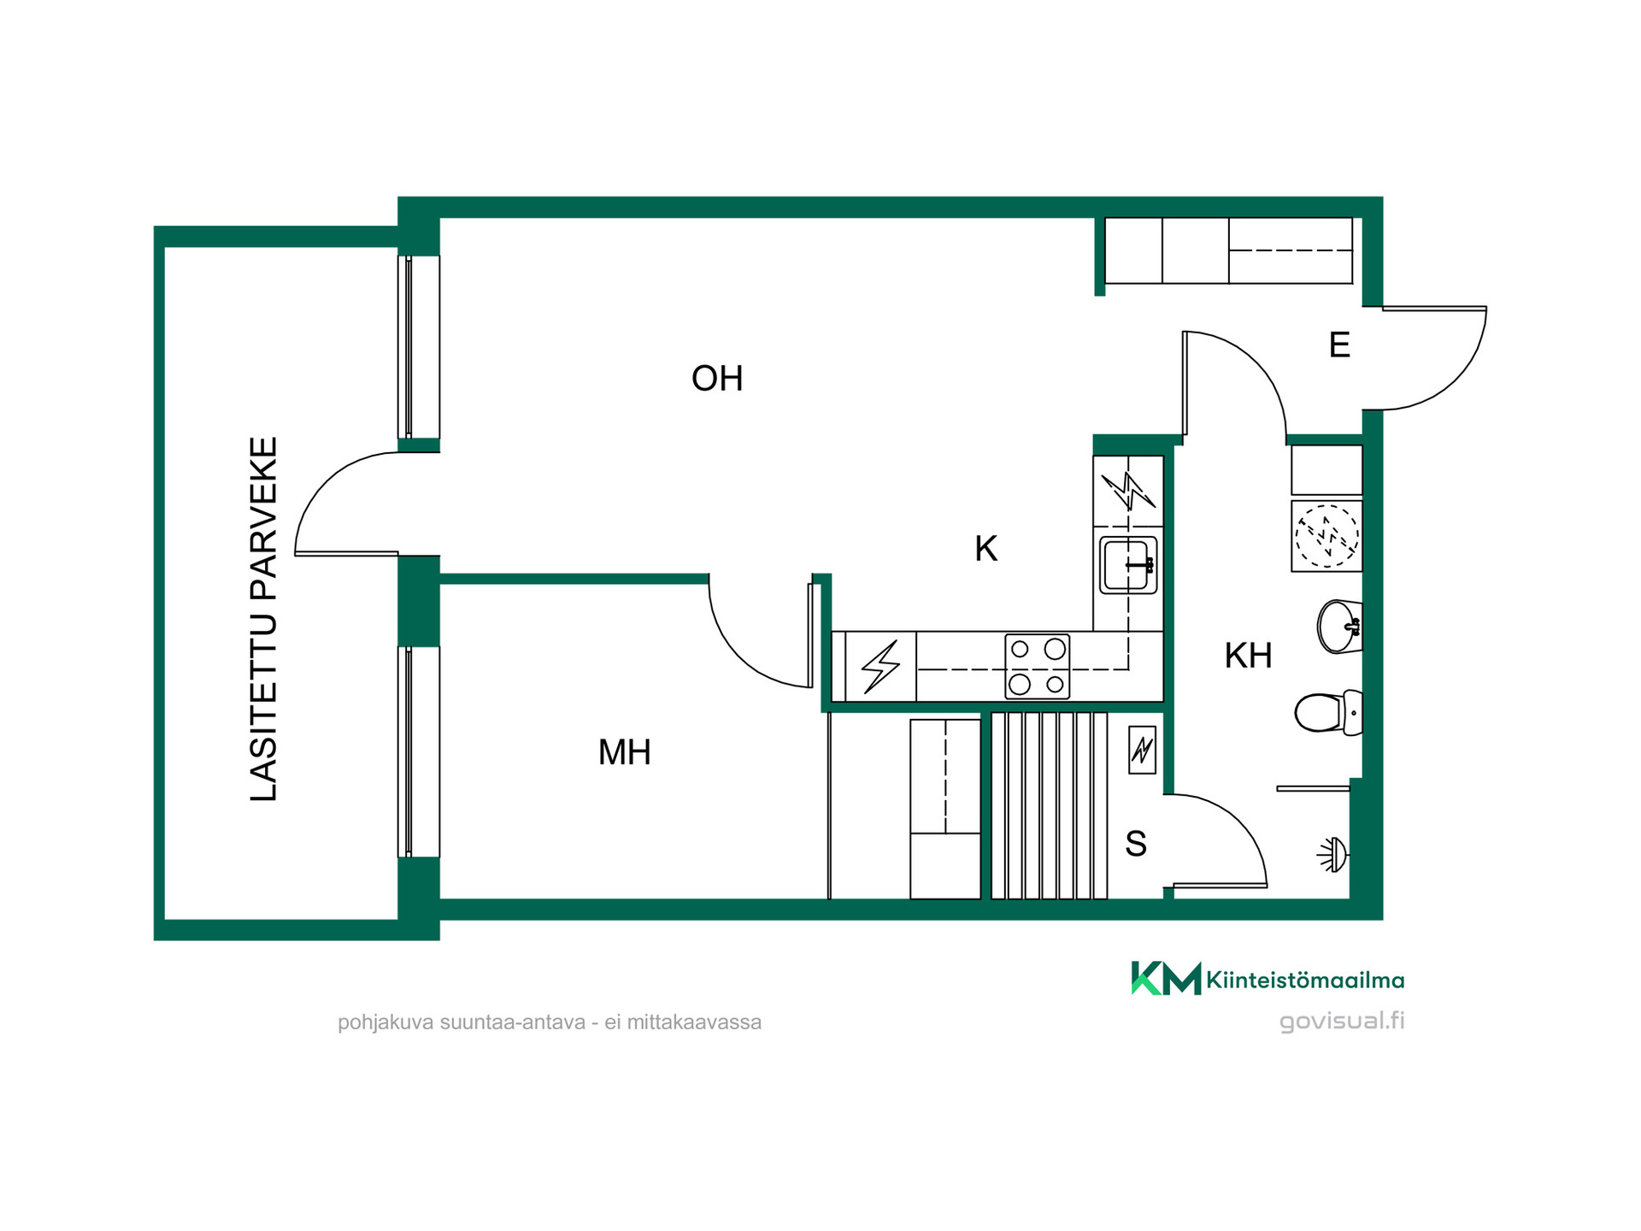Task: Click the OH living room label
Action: (717, 379)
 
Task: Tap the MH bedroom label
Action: (625, 752)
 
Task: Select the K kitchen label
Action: (986, 549)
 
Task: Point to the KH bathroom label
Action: (1249, 656)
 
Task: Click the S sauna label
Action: (1136, 844)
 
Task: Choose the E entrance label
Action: (1339, 345)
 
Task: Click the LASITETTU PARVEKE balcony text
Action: (264, 620)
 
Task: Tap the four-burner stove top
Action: (1038, 667)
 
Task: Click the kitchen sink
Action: (1128, 565)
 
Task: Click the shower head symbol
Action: (1333, 854)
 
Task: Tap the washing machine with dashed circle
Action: (1326, 536)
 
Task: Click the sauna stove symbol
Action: (1142, 750)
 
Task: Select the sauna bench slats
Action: (1050, 805)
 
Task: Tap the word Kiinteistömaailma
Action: (1305, 980)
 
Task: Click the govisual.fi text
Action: (1342, 1021)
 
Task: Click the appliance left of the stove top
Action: (880, 667)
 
